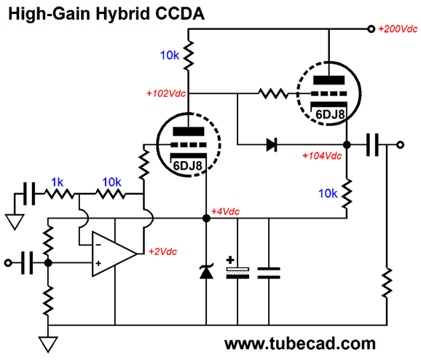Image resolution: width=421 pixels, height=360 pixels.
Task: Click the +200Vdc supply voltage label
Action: coord(398,29)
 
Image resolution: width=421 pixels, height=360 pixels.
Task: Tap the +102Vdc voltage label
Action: coord(166,93)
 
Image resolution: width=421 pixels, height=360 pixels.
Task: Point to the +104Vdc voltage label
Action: coord(322,156)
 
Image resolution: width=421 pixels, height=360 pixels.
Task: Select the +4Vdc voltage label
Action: coord(225,212)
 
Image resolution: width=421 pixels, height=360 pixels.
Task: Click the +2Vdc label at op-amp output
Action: coord(162,251)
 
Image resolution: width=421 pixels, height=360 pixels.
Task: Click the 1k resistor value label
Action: coord(57,182)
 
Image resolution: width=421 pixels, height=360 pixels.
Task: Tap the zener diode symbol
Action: coord(206,271)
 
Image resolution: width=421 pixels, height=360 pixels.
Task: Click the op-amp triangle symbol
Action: coord(114,254)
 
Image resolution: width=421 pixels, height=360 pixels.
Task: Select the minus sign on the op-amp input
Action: coord(98,245)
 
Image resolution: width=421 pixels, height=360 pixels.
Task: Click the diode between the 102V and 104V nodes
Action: coord(272,145)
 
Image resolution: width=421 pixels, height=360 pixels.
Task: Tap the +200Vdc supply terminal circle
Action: coord(371,29)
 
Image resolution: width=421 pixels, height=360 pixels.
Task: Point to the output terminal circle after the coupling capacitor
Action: coord(400,145)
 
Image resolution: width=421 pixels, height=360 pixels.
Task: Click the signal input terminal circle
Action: coord(8,263)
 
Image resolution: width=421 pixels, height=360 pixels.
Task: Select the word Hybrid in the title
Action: coord(122,13)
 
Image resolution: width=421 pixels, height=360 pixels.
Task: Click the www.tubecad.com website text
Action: coord(300,344)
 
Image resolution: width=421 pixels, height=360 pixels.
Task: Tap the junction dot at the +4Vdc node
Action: coord(206,219)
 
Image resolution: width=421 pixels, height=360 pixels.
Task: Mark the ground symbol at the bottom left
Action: coord(48,345)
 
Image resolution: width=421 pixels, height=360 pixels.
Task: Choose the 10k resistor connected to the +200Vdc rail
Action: coord(188,55)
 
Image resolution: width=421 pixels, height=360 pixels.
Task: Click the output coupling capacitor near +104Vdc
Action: coord(373,145)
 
